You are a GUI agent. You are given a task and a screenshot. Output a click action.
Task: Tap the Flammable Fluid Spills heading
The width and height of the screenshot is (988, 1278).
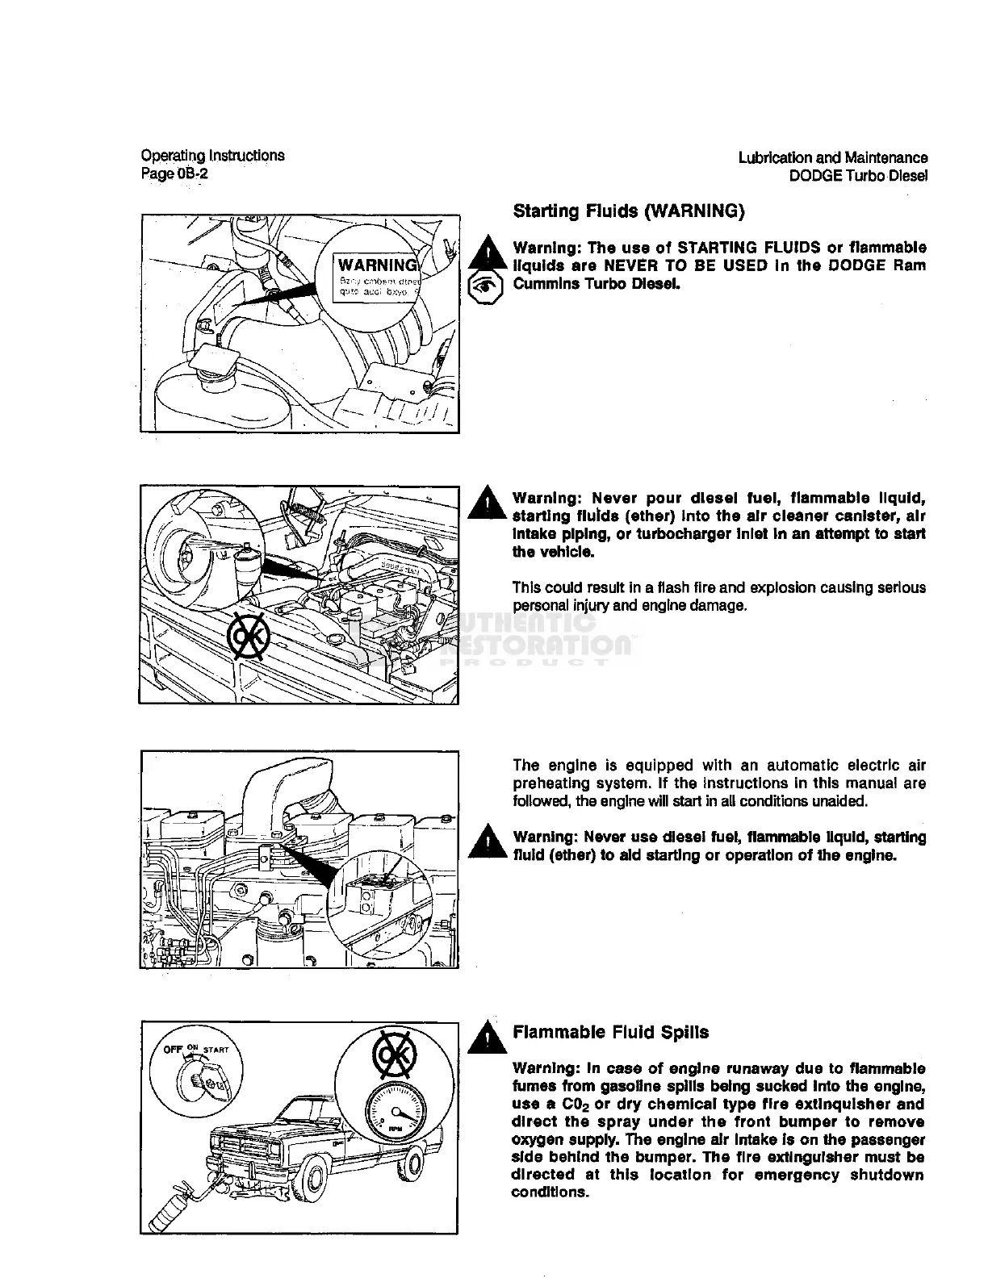click(x=610, y=1032)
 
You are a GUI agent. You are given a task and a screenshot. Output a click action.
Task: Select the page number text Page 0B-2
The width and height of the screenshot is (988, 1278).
click(x=174, y=173)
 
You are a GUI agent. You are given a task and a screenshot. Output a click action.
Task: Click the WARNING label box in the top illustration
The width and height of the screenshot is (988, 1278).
click(x=376, y=277)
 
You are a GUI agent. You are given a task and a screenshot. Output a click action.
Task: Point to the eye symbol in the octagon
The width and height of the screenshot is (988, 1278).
click(x=486, y=288)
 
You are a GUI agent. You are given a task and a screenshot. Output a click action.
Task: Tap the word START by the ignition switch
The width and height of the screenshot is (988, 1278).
click(x=216, y=1050)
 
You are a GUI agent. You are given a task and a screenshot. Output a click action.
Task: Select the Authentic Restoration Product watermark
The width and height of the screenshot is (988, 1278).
click(x=517, y=637)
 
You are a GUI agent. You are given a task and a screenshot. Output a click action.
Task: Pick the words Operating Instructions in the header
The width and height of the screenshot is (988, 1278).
click(x=212, y=156)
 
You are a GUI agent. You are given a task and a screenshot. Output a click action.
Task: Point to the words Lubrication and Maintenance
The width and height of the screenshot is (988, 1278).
click(x=832, y=158)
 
